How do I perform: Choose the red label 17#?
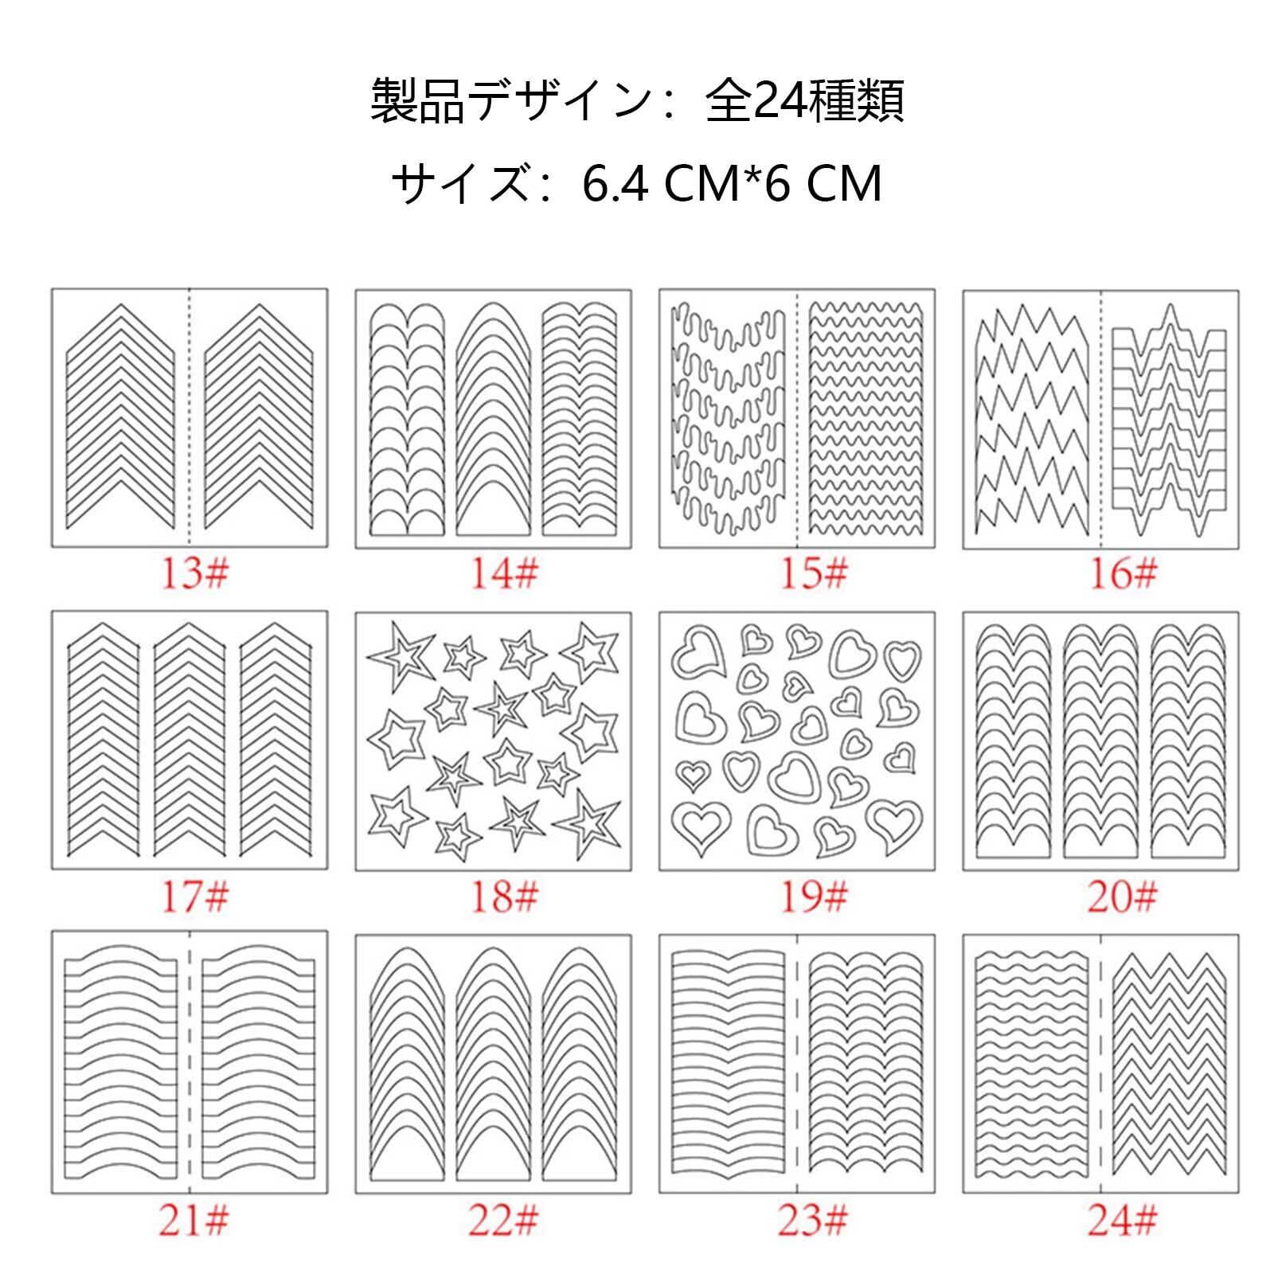click(194, 897)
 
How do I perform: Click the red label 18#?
click(504, 897)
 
